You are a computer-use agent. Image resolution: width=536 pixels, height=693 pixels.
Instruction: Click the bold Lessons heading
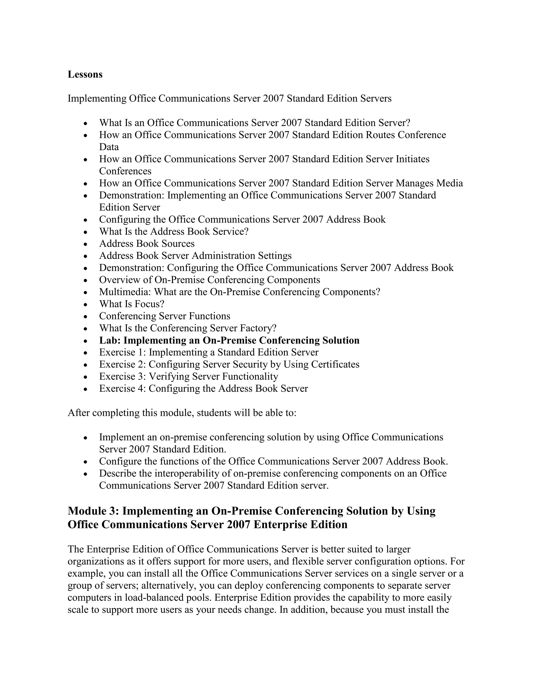point(85,75)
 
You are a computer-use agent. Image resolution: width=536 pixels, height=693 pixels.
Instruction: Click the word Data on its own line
point(109,147)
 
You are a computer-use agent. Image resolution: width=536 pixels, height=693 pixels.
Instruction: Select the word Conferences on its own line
point(125,171)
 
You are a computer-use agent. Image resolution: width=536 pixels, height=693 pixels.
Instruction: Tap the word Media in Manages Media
point(449,183)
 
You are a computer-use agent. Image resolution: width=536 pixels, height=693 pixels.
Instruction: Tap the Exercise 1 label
point(122,353)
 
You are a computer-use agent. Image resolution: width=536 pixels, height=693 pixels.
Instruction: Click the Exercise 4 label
point(122,389)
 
